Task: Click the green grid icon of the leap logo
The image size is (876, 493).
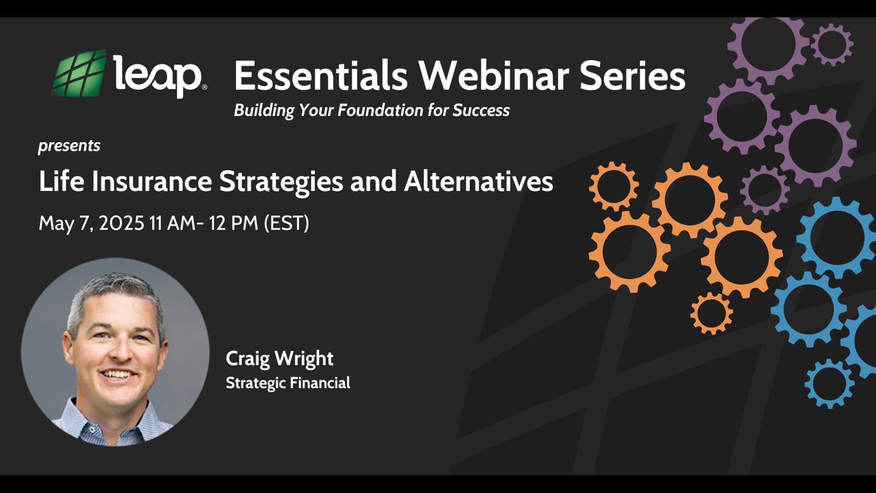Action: click(x=79, y=74)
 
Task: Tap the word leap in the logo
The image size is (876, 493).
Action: click(x=157, y=75)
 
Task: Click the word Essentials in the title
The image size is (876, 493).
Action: click(x=321, y=76)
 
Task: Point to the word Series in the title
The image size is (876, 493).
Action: click(x=632, y=76)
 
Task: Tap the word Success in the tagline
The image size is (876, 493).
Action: click(x=481, y=110)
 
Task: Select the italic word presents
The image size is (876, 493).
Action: click(x=69, y=146)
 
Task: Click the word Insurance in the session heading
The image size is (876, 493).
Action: click(x=151, y=181)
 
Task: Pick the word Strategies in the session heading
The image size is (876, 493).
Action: click(x=281, y=182)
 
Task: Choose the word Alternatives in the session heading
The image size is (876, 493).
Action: click(x=479, y=181)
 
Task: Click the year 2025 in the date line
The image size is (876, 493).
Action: click(x=121, y=223)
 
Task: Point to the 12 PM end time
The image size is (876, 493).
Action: click(x=234, y=223)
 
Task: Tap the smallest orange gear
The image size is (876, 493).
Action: click(x=711, y=314)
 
